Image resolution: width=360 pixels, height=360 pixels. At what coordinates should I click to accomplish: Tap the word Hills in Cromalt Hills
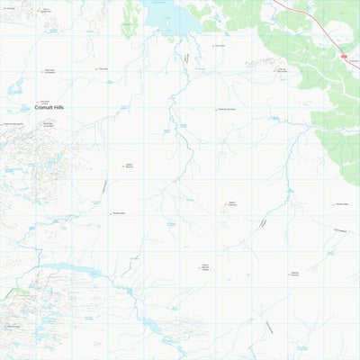pos(63,108)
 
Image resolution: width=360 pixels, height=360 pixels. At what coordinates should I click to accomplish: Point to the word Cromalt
pos(45,108)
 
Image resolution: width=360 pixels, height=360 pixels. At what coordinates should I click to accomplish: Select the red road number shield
pos(344,55)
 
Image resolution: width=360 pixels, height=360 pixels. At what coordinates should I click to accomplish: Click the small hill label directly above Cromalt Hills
pos(43,102)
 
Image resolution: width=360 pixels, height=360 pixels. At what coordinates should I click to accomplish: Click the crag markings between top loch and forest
pos(261,63)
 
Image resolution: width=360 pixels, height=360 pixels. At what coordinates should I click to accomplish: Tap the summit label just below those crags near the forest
pos(281,69)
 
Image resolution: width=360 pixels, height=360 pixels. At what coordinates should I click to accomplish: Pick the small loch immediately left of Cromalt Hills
pos(15,90)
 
